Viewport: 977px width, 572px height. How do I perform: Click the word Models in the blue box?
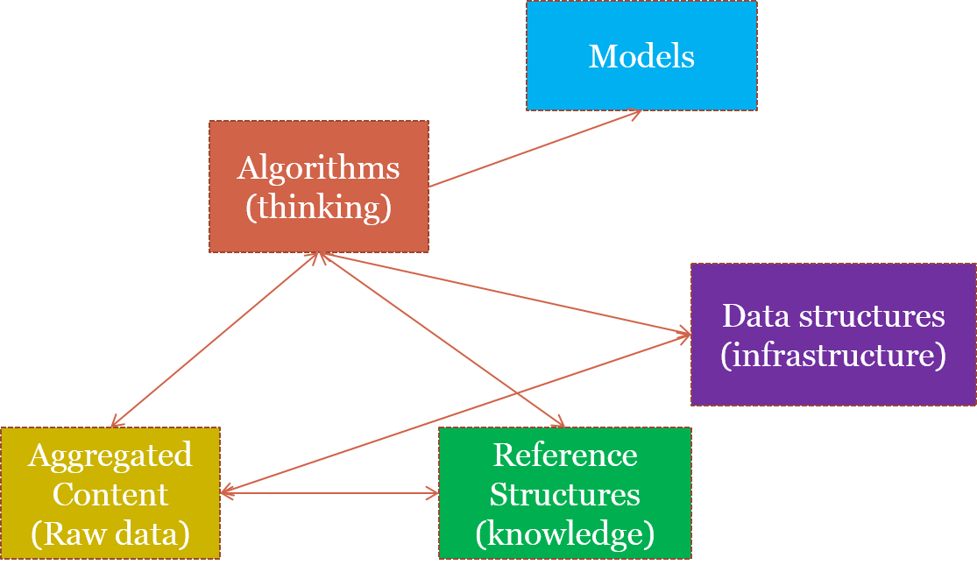click(x=641, y=56)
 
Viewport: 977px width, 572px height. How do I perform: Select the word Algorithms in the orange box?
click(x=318, y=167)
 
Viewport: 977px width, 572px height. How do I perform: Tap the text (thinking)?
click(x=318, y=208)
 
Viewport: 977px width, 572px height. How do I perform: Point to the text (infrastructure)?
click(x=833, y=357)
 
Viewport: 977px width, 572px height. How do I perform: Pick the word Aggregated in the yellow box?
click(x=110, y=455)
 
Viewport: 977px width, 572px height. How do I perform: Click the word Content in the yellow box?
click(x=110, y=494)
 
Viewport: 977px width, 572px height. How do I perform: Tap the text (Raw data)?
click(x=110, y=533)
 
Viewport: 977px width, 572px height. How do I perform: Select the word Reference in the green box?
click(x=565, y=455)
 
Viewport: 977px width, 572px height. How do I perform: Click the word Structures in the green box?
click(x=565, y=494)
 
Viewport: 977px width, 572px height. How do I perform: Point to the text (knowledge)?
click(x=565, y=533)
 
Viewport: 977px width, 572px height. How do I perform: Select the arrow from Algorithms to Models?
click(x=535, y=149)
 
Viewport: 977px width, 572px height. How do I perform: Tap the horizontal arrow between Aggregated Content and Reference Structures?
click(x=329, y=494)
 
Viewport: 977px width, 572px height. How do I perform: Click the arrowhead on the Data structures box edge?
click(x=685, y=333)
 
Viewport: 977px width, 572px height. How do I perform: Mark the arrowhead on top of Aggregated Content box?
click(x=115, y=424)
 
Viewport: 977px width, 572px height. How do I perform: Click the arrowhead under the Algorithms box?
click(x=320, y=256)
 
